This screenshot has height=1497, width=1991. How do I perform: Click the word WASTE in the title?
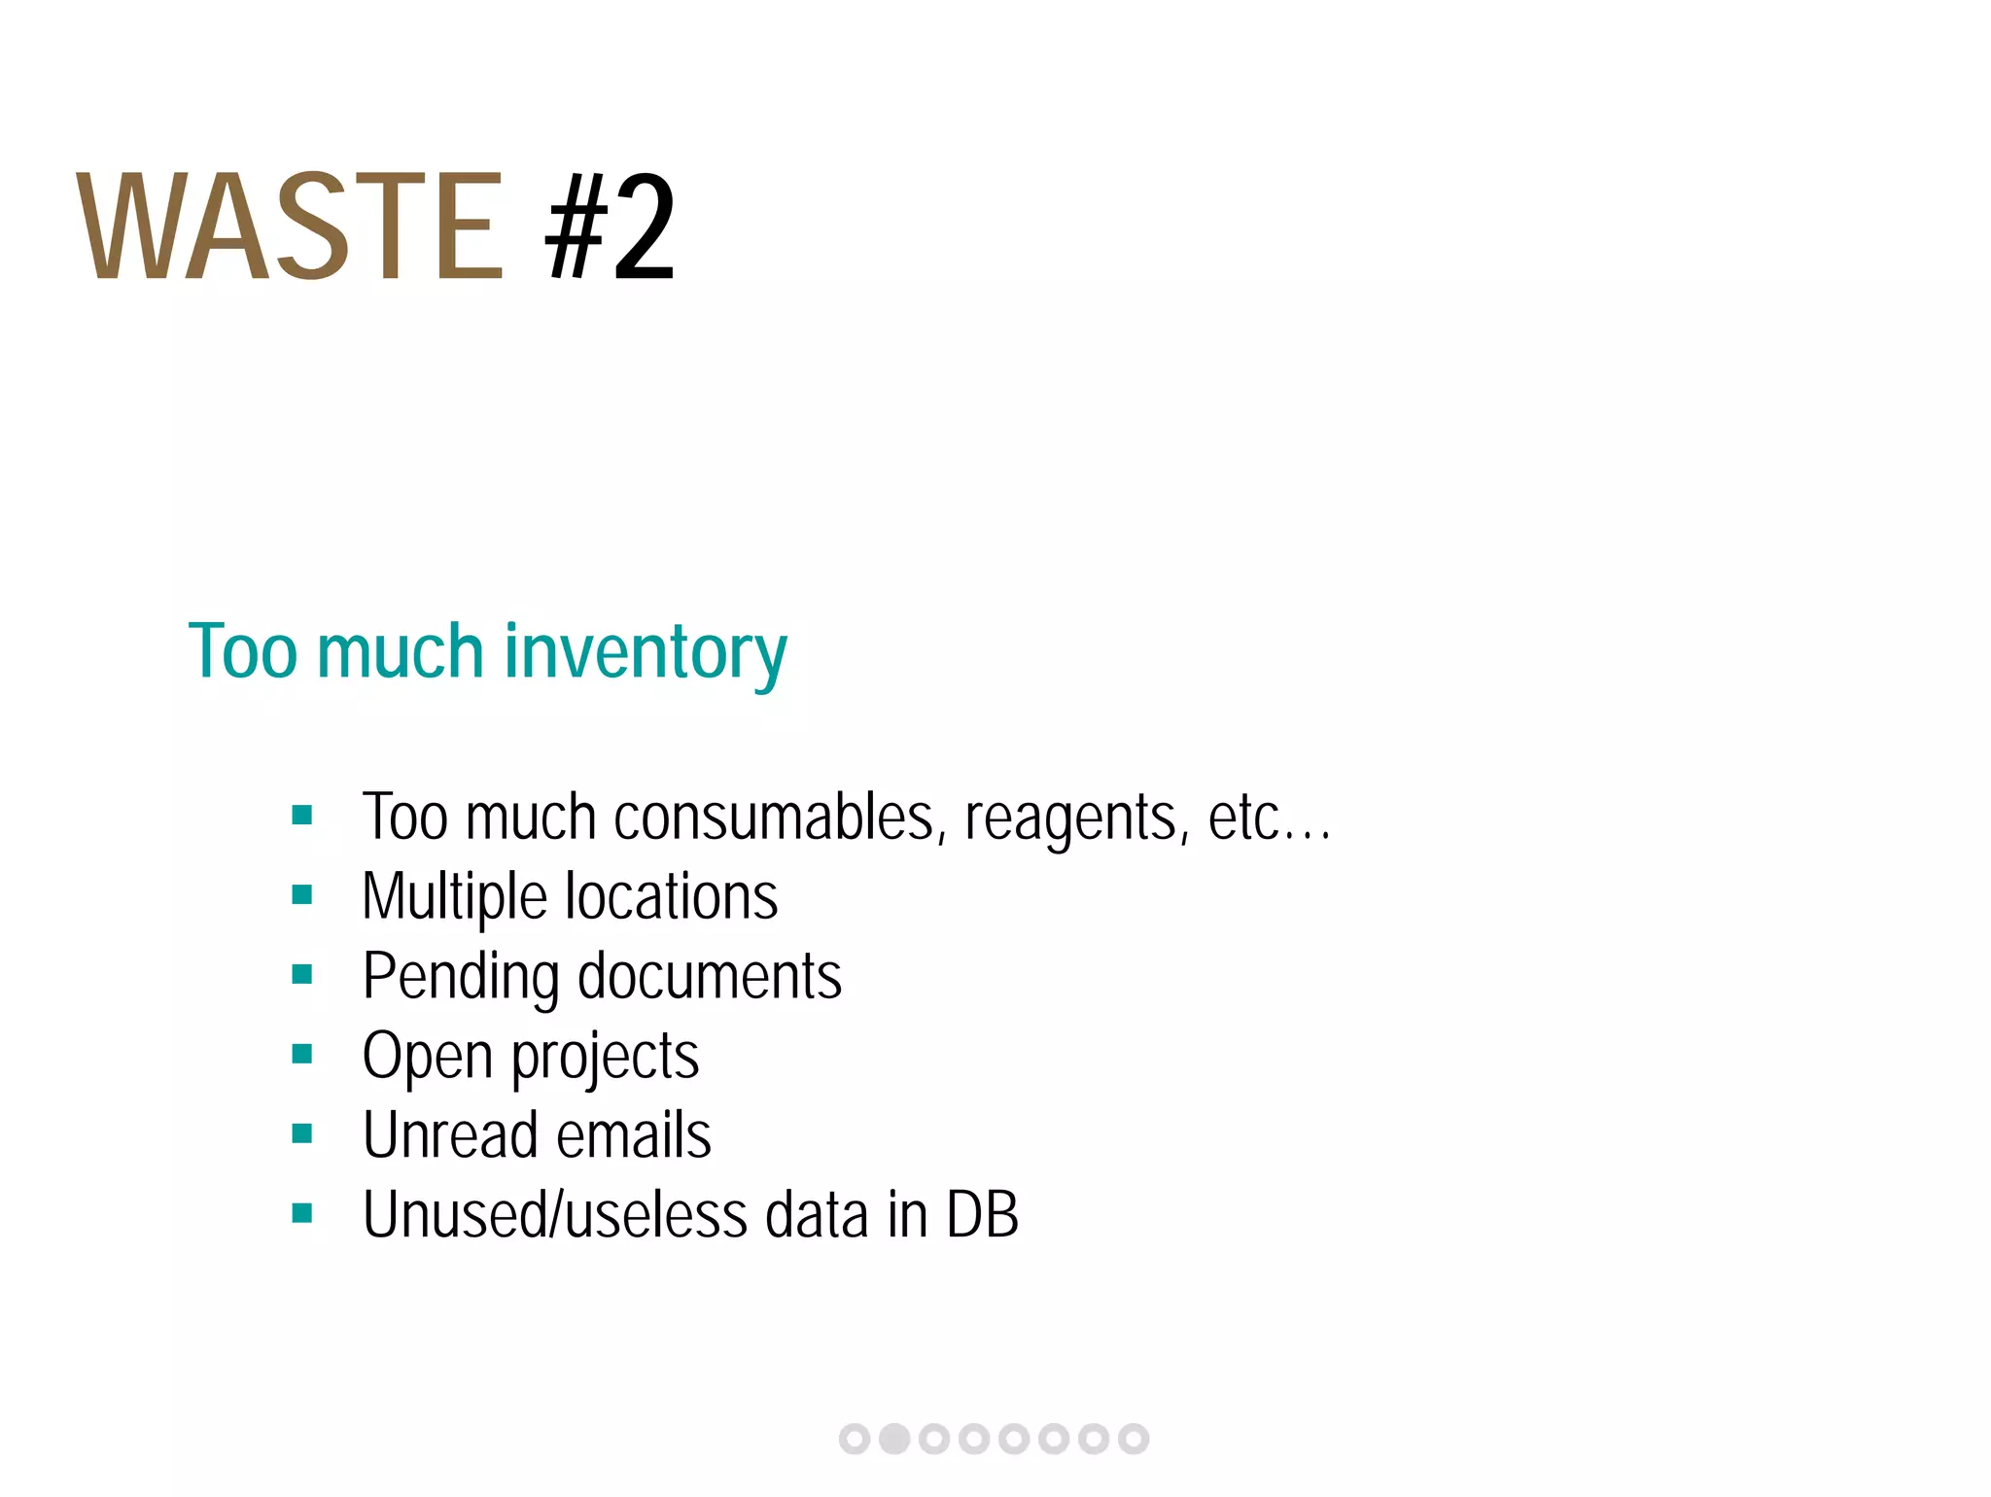(x=290, y=227)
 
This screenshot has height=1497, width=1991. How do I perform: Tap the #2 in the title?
(x=610, y=227)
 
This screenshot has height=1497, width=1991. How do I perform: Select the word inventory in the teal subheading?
(x=646, y=652)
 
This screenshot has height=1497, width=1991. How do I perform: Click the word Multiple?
(x=455, y=897)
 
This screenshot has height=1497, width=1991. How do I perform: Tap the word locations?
(x=672, y=896)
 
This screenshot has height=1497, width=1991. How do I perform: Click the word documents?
(x=710, y=976)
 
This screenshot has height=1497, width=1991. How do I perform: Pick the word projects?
(x=605, y=1058)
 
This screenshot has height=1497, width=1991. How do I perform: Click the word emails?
(x=633, y=1135)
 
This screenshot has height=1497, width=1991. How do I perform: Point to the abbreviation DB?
(x=982, y=1215)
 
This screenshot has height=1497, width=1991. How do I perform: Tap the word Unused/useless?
(x=555, y=1215)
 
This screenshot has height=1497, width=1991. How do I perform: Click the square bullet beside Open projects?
(x=302, y=1054)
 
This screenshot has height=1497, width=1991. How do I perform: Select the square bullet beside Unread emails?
(x=302, y=1133)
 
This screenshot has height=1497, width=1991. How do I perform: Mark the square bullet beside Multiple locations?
(x=302, y=894)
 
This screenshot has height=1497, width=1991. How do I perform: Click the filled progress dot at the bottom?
(x=894, y=1439)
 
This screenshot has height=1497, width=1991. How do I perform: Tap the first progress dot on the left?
(x=855, y=1439)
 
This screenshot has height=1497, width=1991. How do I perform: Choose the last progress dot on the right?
(x=1134, y=1439)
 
